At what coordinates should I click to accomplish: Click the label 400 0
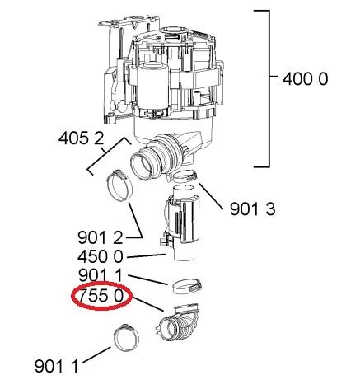(x=305, y=79)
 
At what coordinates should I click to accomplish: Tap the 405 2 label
(x=82, y=138)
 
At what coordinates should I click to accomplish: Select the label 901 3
(x=252, y=209)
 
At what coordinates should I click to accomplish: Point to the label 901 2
(x=100, y=238)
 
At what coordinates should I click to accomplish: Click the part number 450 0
(x=101, y=257)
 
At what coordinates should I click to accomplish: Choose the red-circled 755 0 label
(x=101, y=296)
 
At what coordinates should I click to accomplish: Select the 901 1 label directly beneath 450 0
(x=100, y=275)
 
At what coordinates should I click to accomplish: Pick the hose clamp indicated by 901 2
(x=119, y=185)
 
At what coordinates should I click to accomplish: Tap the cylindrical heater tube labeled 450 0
(x=182, y=223)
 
